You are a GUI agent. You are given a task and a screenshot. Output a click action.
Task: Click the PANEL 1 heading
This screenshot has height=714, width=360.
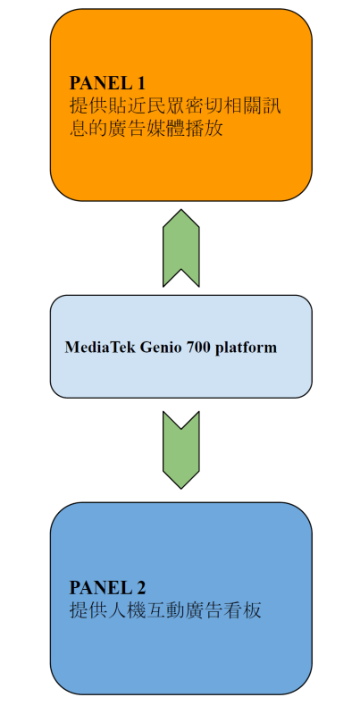(x=107, y=83)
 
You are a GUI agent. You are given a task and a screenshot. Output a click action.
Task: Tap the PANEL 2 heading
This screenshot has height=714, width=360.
(x=107, y=587)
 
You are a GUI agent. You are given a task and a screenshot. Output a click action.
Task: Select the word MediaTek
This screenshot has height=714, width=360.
(x=100, y=348)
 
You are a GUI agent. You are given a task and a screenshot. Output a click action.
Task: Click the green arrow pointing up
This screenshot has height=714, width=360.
(x=181, y=248)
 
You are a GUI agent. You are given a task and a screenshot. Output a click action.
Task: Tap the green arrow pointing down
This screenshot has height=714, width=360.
(x=181, y=449)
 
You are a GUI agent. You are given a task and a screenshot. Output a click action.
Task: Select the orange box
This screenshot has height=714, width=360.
(x=181, y=105)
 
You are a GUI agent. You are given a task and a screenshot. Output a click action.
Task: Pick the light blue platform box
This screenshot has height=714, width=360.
(x=181, y=346)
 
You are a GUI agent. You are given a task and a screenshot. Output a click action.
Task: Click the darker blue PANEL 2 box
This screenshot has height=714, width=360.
(x=181, y=599)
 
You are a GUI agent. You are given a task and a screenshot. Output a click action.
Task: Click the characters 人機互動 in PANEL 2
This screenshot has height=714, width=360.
(x=147, y=610)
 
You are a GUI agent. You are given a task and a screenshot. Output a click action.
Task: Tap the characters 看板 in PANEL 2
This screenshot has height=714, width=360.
(x=243, y=610)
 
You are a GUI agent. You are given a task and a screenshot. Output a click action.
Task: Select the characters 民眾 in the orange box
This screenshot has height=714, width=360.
(x=165, y=106)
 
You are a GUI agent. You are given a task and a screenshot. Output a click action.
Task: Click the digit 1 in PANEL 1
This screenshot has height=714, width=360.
(x=140, y=83)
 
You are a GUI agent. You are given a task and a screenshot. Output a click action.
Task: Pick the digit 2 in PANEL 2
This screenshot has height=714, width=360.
(x=140, y=587)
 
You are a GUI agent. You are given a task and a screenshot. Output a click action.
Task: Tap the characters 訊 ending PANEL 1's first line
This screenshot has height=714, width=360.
(x=272, y=106)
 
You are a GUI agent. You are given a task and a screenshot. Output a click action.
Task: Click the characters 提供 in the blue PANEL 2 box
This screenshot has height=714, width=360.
(x=88, y=610)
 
